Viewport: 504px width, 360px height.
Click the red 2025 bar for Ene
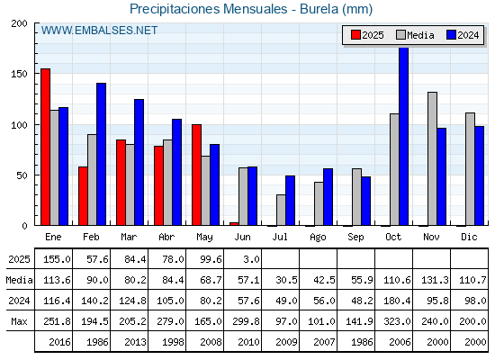45,147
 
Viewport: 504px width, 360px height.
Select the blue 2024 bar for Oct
404,136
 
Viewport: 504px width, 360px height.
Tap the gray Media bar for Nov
432,158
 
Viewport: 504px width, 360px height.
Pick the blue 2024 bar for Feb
101,154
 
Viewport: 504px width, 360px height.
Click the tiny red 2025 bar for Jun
234,224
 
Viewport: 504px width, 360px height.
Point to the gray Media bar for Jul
281,210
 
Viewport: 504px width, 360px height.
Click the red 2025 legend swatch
355,35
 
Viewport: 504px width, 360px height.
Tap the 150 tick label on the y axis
19,74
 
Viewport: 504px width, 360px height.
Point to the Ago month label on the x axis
318,238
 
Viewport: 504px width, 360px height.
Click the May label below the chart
204,238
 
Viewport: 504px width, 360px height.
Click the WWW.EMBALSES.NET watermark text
99,31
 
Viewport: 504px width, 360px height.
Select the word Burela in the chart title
319,9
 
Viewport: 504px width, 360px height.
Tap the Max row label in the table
19,321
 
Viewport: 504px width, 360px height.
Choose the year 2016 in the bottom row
59,342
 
